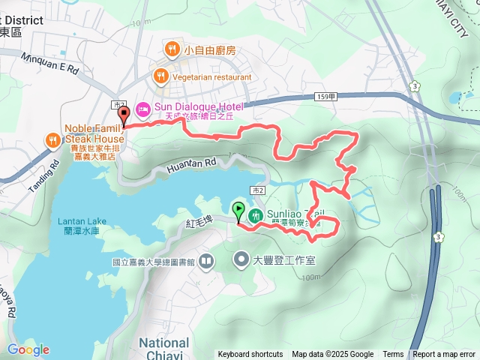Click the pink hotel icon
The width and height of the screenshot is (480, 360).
142,107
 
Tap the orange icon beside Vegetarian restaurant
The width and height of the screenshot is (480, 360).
160,76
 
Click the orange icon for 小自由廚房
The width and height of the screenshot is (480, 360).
173,50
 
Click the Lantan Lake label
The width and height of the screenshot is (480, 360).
82,220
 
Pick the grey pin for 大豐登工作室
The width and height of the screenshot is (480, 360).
241,260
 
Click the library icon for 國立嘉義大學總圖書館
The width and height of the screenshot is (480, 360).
205,261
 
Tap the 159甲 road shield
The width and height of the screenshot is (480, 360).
326,97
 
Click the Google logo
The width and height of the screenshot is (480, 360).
28,349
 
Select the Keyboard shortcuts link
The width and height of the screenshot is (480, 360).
250,355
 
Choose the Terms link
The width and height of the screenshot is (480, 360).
393,355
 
